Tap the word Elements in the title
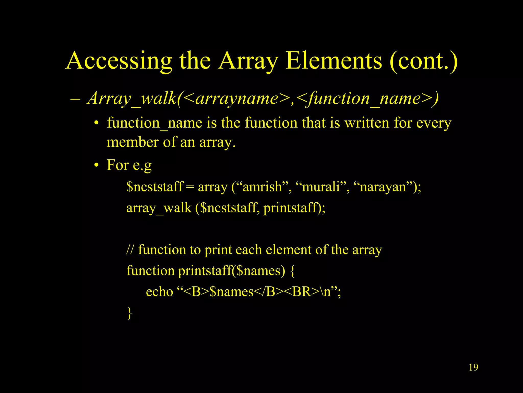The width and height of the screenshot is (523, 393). pyautogui.click(x=334, y=61)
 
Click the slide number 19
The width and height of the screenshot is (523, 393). pyautogui.click(x=473, y=367)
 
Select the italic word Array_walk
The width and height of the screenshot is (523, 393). pyautogui.click(x=132, y=99)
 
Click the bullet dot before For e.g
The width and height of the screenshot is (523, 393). pyautogui.click(x=96, y=165)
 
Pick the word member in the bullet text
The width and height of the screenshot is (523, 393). pyautogui.click(x=132, y=142)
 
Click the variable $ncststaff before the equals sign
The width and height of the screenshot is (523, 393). pyautogui.click(x=155, y=187)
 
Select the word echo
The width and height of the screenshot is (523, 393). pyautogui.click(x=159, y=292)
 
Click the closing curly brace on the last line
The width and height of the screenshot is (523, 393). pyautogui.click(x=129, y=313)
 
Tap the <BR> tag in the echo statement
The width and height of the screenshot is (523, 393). pyautogui.click(x=302, y=292)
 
